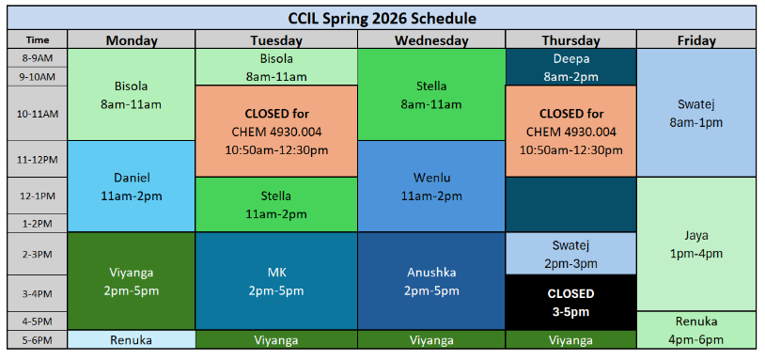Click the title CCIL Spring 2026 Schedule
382,18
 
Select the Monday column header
132,40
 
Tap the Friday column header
696,40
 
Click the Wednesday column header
431,40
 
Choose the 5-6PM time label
38,340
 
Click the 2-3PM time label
38,254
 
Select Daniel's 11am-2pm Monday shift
132,186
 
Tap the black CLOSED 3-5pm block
571,302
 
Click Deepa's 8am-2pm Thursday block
571,67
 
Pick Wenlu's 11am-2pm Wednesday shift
431,186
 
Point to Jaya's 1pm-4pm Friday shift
696,243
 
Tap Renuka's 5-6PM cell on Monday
132,340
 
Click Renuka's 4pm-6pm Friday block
696,330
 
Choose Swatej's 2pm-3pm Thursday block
571,254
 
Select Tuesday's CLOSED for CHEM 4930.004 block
276,132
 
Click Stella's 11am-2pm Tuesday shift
276,204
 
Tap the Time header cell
38,40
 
